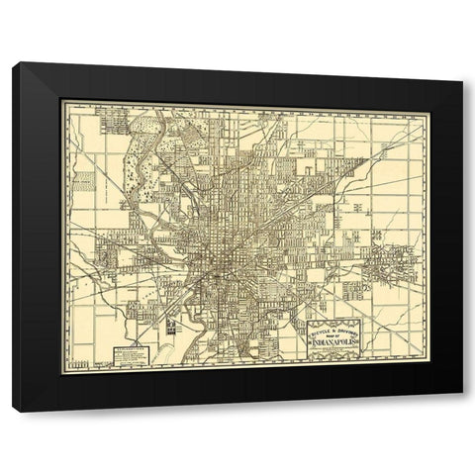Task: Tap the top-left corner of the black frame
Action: coord(13,63)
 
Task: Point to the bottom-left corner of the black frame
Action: coord(13,410)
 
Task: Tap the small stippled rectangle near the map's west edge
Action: coord(84,180)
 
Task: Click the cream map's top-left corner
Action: coord(63,100)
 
